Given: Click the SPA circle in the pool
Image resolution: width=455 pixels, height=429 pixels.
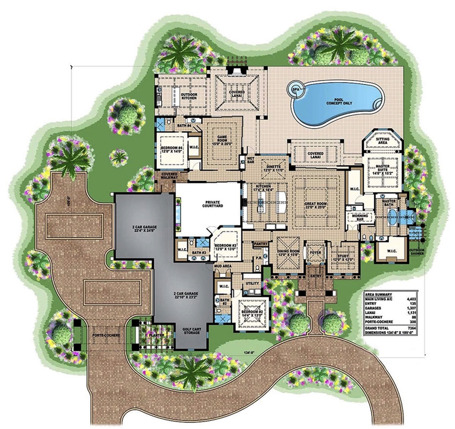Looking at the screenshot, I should (x=297, y=88).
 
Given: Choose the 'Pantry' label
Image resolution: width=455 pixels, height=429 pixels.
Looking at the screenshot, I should (x=260, y=244).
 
